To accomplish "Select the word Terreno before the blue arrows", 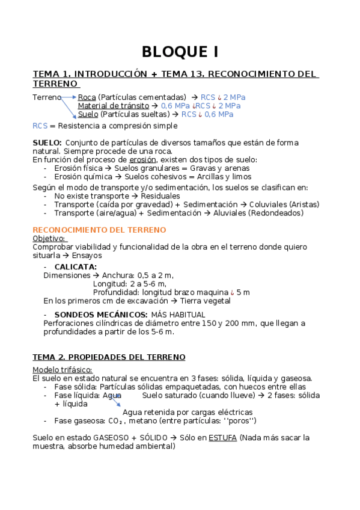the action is (x=46, y=97).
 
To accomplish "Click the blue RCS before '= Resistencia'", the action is (x=40, y=126).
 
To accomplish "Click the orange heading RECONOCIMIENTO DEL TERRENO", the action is (x=99, y=230).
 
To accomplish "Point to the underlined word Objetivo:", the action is (x=49, y=239).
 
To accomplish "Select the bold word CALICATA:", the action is (x=75, y=266).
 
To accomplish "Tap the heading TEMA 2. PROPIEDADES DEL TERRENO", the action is (x=109, y=357).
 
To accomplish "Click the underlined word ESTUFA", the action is (x=222, y=438).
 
